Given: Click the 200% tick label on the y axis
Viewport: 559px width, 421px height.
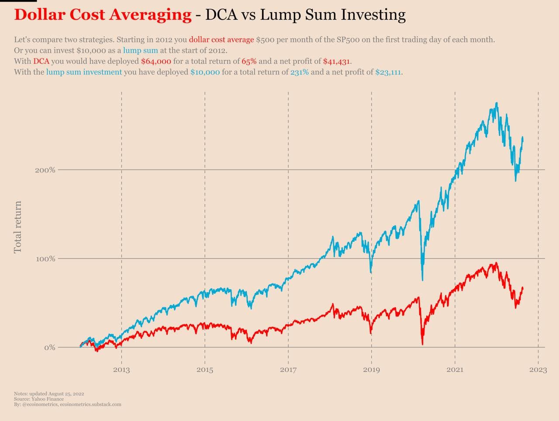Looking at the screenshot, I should pos(45,170).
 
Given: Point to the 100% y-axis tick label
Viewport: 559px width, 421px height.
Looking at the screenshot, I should pos(45,259).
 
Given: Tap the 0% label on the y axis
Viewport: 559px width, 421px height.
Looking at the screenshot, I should pos(49,348).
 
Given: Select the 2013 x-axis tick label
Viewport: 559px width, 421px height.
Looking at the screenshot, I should pos(121,370).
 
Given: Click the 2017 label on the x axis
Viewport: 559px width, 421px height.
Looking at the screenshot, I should pos(288,370).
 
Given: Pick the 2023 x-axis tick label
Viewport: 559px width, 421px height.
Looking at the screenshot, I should pos(538,370).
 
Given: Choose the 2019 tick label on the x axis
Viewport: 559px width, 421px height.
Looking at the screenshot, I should pos(371,370).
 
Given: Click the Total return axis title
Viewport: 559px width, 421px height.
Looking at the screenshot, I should pos(17,227).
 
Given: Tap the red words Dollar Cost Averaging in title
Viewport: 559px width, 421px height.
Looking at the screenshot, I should pos(103,15).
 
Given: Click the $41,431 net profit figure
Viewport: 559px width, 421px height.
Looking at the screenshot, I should pos(336,61).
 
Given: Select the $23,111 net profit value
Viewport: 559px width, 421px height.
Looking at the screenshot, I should pos(388,72).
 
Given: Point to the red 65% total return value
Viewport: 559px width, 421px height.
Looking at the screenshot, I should pos(249,61).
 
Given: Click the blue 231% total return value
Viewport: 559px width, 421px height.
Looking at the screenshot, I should pos(299,72).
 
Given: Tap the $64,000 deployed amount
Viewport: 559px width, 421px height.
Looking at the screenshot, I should pos(156,61).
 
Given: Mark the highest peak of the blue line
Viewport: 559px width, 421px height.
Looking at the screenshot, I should pos(497,104).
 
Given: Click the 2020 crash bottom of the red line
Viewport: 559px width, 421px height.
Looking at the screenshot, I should pos(422,344).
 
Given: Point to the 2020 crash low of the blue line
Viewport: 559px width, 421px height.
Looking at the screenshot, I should pos(422,280).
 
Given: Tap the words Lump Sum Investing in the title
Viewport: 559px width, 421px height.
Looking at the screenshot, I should pos(333,15).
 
